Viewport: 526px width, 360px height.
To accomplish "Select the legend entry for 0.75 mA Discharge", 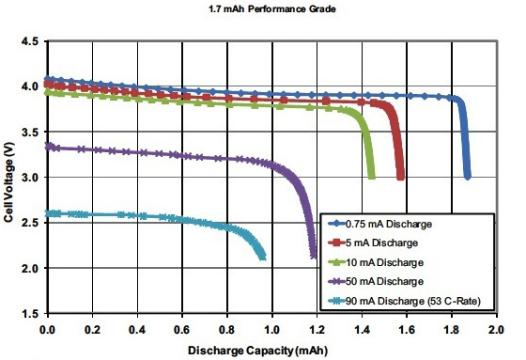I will point(386,223).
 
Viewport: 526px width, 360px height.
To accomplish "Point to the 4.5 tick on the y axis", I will point(29,42).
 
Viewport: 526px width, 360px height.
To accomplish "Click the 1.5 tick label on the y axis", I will point(29,314).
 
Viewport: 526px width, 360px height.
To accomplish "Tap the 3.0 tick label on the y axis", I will point(29,178).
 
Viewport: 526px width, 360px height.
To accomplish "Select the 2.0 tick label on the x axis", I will point(497,330).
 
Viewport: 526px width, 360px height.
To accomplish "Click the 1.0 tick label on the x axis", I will point(271,330).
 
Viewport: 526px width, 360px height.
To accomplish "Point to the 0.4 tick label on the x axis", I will point(136,330).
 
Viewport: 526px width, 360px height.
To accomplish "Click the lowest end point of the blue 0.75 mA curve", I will point(468,177).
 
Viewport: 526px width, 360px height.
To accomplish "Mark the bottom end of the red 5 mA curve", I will point(401,177).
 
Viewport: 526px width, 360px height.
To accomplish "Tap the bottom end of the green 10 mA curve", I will point(372,177).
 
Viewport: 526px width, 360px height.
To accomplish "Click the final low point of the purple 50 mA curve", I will point(314,256).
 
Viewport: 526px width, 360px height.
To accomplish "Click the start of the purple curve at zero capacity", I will point(47,146).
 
